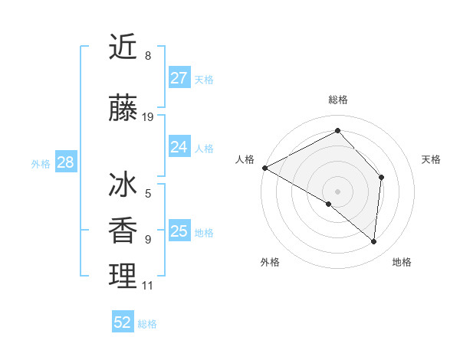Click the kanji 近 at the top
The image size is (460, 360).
(123, 47)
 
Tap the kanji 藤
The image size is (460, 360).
(123, 109)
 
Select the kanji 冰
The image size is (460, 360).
(123, 185)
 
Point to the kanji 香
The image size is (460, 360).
(123, 231)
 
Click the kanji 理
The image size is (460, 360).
(123, 276)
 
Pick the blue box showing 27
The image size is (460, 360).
(179, 78)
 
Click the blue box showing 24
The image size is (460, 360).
(179, 147)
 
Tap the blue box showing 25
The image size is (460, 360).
(179, 231)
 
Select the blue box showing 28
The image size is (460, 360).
(65, 162)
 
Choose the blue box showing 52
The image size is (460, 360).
(123, 322)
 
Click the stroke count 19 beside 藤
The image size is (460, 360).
(148, 117)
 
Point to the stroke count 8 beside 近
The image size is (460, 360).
(148, 56)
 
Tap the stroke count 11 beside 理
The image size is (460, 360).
(148, 286)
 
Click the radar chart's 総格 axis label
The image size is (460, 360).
(337, 100)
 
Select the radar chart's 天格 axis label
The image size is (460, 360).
(432, 159)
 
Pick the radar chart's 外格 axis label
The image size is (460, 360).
(270, 262)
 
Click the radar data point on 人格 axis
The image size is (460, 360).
(264, 168)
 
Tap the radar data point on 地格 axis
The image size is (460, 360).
(373, 241)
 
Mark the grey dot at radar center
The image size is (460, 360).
(337, 191)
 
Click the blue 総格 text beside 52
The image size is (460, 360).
(147, 324)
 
